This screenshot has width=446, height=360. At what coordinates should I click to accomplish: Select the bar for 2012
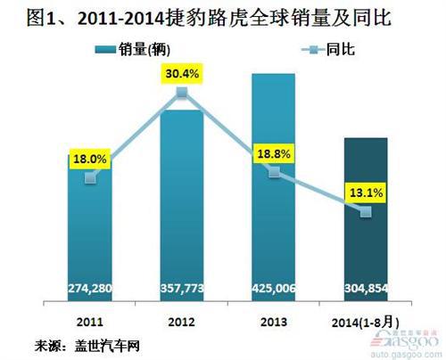point(182,205)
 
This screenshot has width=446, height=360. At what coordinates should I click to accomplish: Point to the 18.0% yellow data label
point(89,159)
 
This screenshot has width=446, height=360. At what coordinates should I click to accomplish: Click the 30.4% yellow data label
point(182,72)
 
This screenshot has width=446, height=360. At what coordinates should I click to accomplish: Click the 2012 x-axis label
point(182,318)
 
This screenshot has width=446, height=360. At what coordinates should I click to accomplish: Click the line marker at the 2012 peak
point(182,93)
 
